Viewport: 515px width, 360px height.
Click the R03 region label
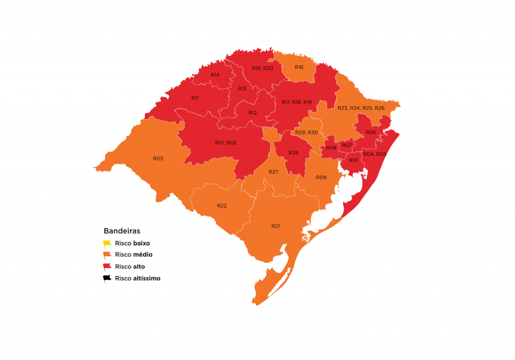coord(158,158)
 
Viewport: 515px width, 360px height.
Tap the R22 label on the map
coord(221,205)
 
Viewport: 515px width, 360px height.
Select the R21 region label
coord(276,226)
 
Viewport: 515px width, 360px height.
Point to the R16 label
coord(299,68)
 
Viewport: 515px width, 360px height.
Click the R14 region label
coord(215,75)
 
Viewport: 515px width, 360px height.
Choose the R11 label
coord(194,98)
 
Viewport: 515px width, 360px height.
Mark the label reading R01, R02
coord(225,142)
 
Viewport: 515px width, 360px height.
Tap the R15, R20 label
coord(263,68)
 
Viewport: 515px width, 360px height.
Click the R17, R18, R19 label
coord(297,102)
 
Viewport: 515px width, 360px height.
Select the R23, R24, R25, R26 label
coord(360,108)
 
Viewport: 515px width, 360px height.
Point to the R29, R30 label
coord(306,133)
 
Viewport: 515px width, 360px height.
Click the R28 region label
coord(294,153)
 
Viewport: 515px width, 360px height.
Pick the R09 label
coord(321,177)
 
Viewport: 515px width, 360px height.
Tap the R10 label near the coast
coord(353,160)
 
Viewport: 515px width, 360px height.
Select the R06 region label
coord(371,132)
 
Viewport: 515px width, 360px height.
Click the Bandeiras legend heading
coord(122,231)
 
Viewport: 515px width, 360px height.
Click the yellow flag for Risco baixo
coord(107,243)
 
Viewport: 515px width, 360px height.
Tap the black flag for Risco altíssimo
coord(107,278)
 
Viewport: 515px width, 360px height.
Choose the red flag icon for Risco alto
coord(107,267)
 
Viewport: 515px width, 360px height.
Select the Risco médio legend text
coord(133,255)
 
